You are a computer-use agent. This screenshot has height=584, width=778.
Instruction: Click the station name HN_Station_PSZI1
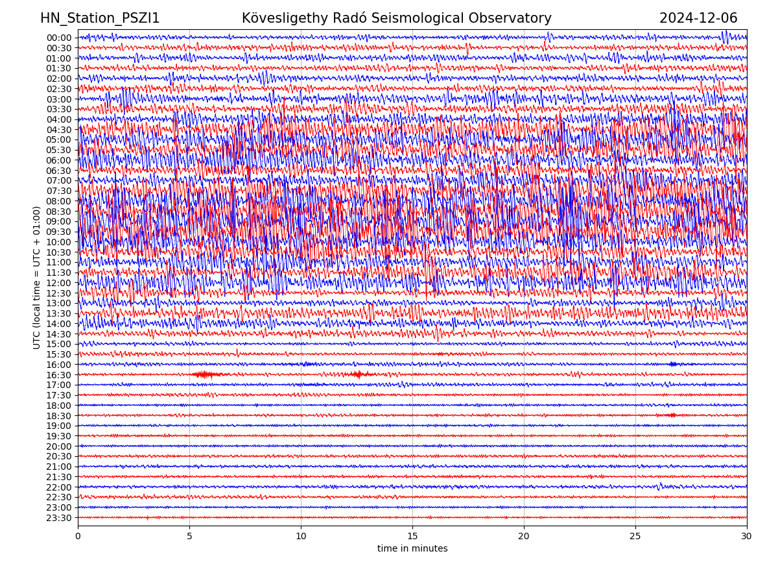100,19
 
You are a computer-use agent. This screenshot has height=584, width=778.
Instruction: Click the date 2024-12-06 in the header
698,19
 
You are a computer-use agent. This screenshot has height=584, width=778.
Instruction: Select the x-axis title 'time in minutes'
412,548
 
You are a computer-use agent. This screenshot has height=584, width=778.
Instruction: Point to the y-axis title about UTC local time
37,278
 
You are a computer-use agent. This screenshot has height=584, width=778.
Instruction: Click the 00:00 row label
58,38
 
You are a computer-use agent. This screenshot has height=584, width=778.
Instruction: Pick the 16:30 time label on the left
58,375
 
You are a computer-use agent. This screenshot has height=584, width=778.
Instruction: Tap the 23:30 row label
58,518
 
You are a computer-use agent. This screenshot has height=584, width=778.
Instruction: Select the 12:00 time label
58,283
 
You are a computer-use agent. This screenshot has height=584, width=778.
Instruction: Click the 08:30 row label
58,212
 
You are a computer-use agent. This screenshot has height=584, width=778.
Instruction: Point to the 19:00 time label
58,426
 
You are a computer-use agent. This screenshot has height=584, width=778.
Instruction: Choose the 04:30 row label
58,130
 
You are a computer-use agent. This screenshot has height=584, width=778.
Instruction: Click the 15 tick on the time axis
412,537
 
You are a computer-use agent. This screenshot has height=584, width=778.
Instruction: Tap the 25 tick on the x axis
635,537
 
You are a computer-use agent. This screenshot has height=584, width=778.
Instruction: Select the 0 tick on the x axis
78,537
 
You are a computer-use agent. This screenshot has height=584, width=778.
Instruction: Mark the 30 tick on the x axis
747,537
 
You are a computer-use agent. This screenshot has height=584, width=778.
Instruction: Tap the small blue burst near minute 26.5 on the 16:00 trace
673,364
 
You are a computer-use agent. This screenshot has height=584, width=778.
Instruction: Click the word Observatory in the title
516,19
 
